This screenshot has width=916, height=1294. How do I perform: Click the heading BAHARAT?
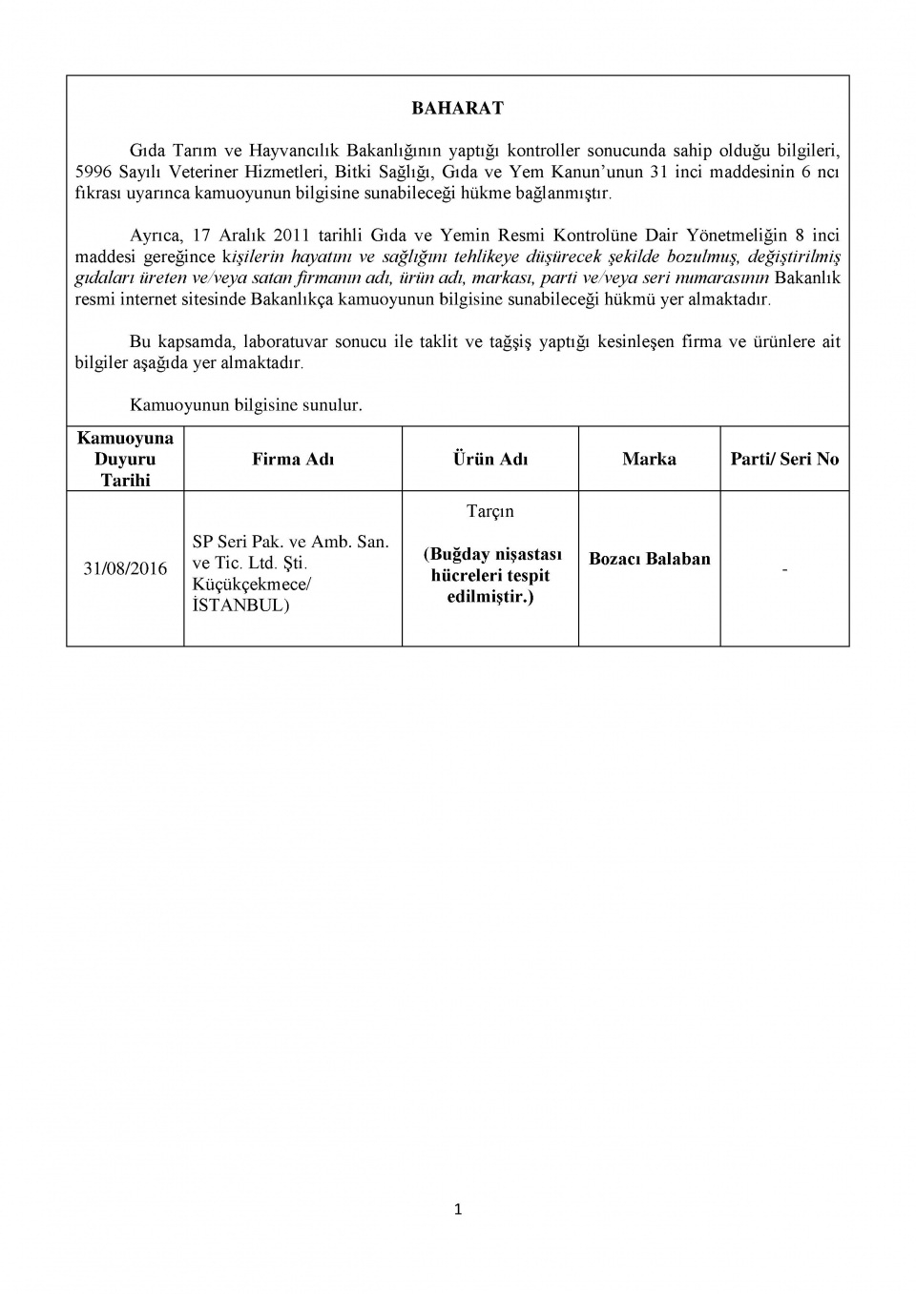[457, 109]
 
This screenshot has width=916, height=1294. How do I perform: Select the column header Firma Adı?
[293, 459]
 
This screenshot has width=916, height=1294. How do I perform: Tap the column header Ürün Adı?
[489, 459]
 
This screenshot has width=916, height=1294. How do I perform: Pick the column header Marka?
[649, 459]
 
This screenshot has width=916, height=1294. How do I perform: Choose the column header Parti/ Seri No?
[784, 459]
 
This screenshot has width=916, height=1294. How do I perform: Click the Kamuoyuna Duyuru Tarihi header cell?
[125, 459]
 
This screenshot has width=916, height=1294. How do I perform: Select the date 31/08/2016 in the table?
[125, 568]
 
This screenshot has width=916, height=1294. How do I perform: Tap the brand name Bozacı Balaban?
[649, 559]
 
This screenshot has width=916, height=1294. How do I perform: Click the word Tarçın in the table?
[489, 511]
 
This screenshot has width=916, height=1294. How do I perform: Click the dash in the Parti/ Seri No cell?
[784, 569]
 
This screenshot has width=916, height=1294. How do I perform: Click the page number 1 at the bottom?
[458, 1210]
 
